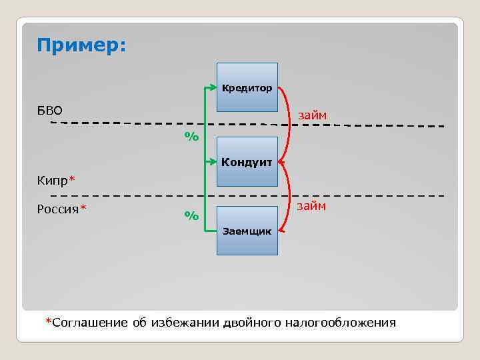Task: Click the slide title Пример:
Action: (x=81, y=45)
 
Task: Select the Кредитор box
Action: (x=247, y=87)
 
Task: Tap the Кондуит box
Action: (x=247, y=161)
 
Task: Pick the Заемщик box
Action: (x=247, y=231)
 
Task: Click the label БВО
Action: (x=50, y=110)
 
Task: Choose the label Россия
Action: (x=58, y=210)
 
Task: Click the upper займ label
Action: (x=312, y=115)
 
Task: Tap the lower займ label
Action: (x=311, y=206)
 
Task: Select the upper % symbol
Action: (x=191, y=137)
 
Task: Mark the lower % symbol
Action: (x=191, y=215)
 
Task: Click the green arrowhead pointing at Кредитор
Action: (x=215, y=87)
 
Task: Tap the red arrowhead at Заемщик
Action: (x=282, y=231)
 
